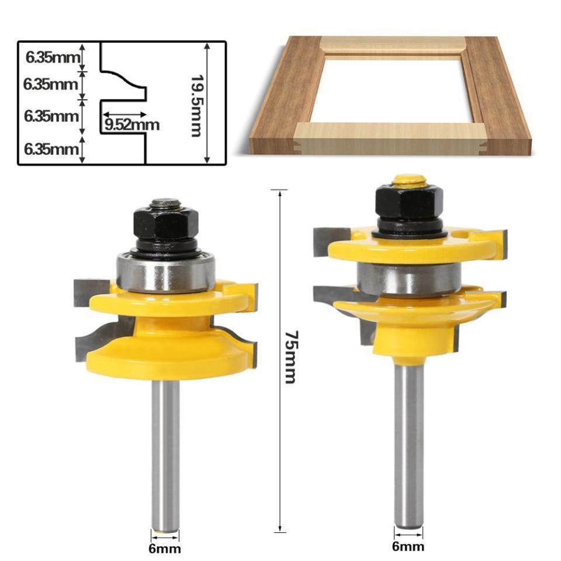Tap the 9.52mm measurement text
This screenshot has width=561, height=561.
132,124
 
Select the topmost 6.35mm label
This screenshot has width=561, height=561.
52,57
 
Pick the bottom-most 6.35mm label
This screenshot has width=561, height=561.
51,149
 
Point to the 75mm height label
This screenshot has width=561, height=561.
290,357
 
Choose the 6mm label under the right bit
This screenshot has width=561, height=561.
408,546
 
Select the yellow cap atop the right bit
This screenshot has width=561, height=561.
409,179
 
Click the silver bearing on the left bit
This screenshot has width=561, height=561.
167,272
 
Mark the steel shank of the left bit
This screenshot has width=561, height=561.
165,450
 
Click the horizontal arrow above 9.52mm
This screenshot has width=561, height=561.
123,115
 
